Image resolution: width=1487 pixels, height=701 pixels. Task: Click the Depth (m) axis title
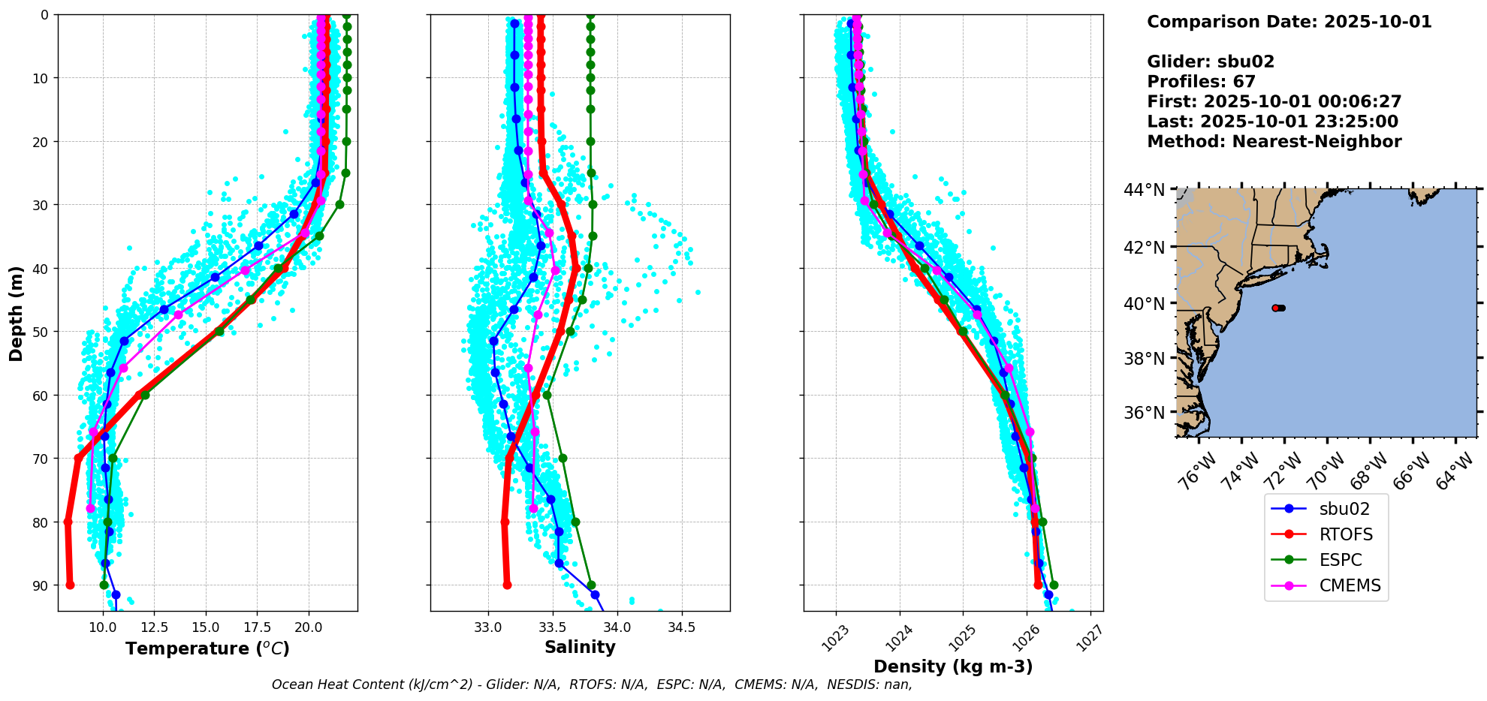click(17, 313)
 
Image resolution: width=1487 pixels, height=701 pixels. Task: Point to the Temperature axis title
click(207, 648)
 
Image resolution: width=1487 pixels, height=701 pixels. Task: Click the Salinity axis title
click(580, 647)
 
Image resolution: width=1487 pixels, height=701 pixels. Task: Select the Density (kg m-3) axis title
click(953, 666)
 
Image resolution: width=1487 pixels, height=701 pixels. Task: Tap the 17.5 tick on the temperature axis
click(257, 627)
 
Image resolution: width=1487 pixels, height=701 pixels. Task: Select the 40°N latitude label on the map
click(1149, 303)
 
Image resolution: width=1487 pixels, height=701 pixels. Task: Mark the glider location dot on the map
click(1278, 308)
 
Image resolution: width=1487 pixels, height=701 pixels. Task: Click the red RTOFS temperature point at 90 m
click(70, 585)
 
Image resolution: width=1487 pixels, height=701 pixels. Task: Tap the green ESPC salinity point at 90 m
click(591, 585)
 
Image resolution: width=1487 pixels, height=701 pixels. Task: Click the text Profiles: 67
click(1201, 82)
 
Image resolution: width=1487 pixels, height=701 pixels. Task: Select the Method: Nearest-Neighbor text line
click(1274, 142)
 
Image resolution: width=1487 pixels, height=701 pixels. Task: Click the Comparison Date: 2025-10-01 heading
click(1289, 22)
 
